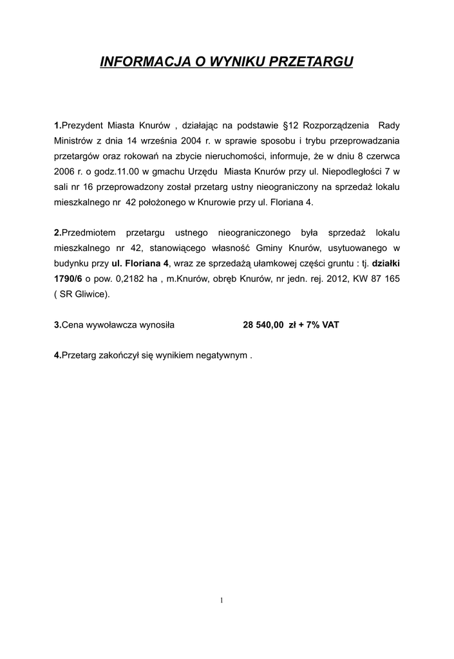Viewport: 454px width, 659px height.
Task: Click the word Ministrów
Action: (74, 140)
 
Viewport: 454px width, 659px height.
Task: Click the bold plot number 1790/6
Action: (68, 279)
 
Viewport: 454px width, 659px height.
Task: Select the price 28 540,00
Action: (263, 326)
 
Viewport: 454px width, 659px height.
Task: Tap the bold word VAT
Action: (330, 326)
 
